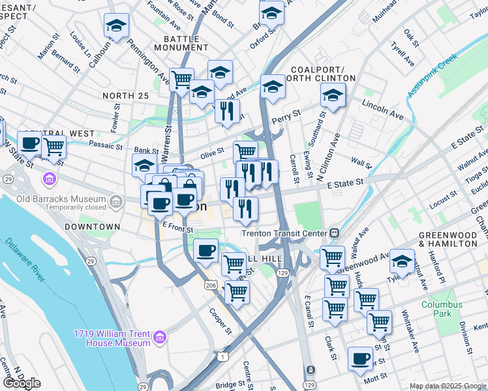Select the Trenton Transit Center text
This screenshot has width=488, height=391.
[x=283, y=233]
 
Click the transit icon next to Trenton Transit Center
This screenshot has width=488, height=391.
[x=334, y=233]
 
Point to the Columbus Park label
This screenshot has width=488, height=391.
[x=441, y=309]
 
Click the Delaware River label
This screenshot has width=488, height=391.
[x=25, y=261]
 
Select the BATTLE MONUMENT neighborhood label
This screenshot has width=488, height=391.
[x=181, y=43]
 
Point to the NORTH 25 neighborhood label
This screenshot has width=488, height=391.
[x=125, y=96]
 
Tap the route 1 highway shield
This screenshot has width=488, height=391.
[x=224, y=356]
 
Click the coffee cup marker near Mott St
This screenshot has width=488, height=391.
[x=361, y=358]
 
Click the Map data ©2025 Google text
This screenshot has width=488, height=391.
[x=447, y=386]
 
